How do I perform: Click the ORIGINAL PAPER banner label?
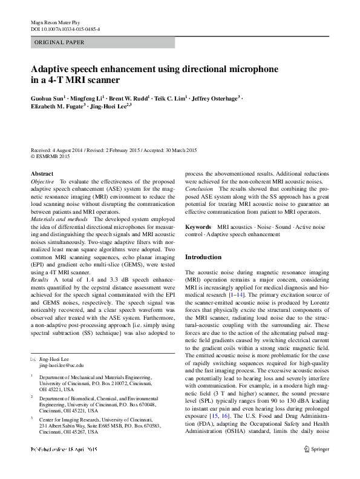59,42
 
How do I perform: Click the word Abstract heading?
42,174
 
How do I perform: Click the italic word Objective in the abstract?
42,181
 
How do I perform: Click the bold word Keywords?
198,226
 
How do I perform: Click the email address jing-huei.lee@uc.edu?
62,366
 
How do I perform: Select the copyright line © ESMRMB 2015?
50,156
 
